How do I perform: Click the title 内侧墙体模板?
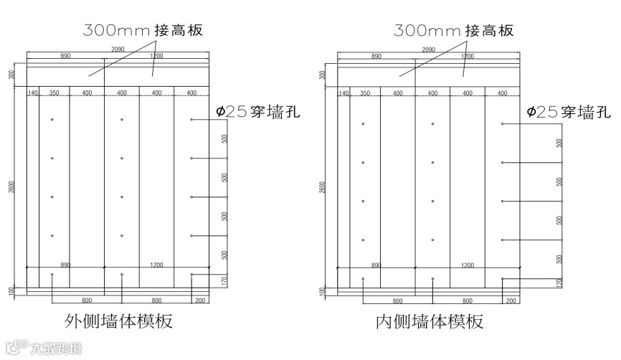pos(430,321)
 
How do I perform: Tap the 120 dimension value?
pos(559,284)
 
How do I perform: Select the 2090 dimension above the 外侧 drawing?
pos(119,49)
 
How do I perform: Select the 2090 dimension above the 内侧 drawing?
pos(429,49)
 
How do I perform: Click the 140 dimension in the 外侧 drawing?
pos(32,93)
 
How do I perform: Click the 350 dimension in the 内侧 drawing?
pos(364,93)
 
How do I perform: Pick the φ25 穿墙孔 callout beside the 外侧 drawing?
pos(257,112)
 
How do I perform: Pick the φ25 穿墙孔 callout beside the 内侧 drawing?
pos(568,112)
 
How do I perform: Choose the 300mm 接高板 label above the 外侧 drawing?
pos(143,30)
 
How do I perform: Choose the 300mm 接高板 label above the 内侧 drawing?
pos(454,30)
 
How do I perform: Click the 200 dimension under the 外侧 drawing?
pos(199,300)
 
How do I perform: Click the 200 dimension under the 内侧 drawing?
pos(511,300)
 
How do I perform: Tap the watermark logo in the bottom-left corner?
pos(43,349)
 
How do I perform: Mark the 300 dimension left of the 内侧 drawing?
pos(324,75)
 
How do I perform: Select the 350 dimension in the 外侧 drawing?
pos(54,93)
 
